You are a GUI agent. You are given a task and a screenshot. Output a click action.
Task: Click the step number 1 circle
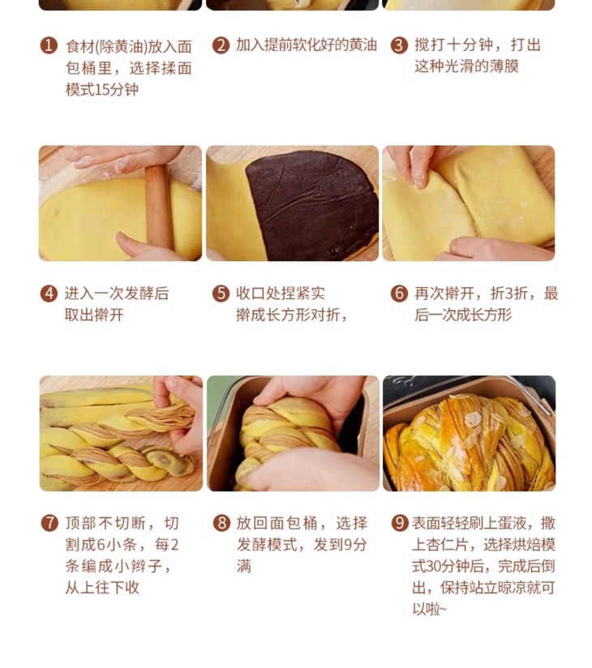(x=49, y=45)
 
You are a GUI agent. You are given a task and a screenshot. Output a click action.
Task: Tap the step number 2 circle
(x=221, y=45)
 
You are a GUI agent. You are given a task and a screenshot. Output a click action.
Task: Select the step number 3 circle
(x=399, y=45)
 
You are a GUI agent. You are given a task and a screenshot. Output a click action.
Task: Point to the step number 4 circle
(x=49, y=293)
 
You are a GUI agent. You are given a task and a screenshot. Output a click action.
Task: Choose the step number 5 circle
(x=221, y=293)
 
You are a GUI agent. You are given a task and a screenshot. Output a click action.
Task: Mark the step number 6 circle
(x=399, y=293)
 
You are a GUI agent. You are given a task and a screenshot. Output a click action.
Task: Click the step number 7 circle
(x=49, y=523)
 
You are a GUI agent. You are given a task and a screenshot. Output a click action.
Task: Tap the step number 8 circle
(x=221, y=523)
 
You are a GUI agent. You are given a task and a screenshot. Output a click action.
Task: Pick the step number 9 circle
(x=399, y=523)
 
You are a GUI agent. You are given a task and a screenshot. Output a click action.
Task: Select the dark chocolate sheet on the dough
(x=312, y=205)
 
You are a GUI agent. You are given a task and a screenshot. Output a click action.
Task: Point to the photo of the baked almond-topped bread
(x=469, y=433)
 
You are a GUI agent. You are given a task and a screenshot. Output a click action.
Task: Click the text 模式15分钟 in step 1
(x=102, y=89)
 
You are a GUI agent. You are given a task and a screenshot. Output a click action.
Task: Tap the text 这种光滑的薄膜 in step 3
(x=466, y=66)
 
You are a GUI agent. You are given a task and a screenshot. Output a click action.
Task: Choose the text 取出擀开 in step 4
(x=94, y=315)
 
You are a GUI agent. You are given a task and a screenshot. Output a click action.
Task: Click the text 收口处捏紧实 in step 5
(x=281, y=293)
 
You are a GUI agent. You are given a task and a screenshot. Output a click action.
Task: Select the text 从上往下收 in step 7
(x=102, y=588)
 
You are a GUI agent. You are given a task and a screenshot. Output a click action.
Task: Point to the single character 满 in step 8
(x=244, y=566)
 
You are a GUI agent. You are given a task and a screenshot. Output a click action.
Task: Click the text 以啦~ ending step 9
(x=429, y=609)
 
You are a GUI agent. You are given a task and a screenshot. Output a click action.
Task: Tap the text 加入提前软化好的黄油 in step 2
(x=307, y=45)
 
